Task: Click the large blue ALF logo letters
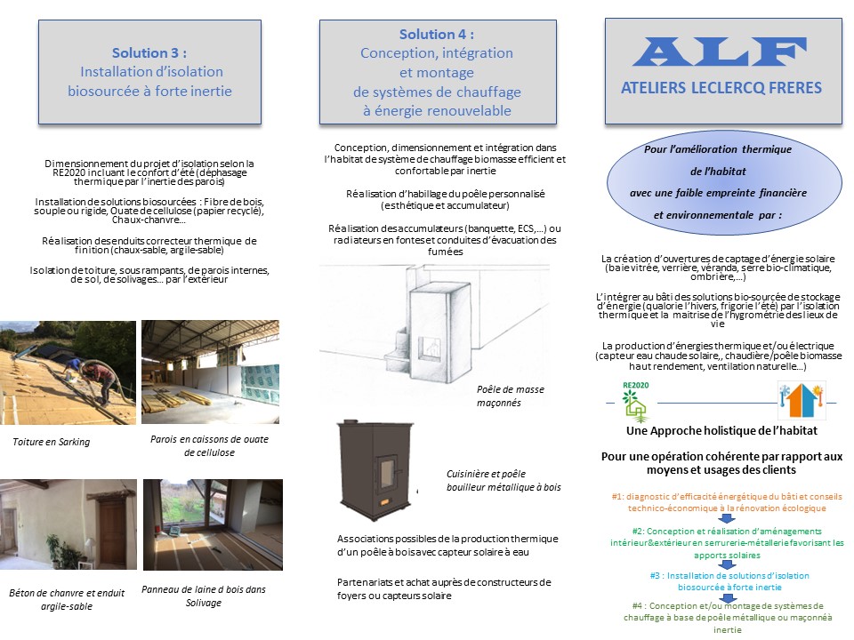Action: click(x=720, y=52)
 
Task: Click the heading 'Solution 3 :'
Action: click(x=149, y=52)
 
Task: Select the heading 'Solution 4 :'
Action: click(x=437, y=35)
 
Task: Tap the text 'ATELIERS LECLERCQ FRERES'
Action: click(x=721, y=88)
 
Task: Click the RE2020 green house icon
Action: click(x=635, y=403)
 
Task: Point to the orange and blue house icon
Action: click(x=802, y=401)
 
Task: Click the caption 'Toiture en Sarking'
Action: click(x=52, y=442)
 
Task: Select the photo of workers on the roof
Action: click(x=68, y=372)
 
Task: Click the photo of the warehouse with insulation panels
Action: click(x=210, y=372)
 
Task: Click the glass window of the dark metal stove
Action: click(x=387, y=469)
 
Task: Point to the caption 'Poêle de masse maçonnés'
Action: click(x=511, y=396)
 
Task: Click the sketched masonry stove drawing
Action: click(x=433, y=326)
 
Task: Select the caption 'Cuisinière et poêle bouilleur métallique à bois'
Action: click(x=504, y=481)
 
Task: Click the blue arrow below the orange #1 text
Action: click(x=727, y=518)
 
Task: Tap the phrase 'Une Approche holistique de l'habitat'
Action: click(x=721, y=430)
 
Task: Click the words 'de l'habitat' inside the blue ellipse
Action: click(x=718, y=172)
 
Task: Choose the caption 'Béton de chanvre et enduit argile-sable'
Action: click(x=67, y=599)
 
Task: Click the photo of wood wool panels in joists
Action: click(x=213, y=524)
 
